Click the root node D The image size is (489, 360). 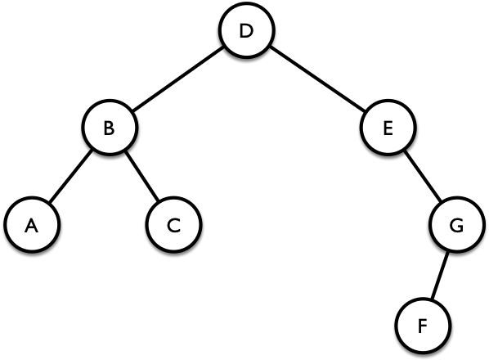[247, 30]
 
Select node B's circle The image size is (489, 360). [110, 127]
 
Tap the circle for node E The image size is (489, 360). [388, 127]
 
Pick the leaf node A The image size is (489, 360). [32, 225]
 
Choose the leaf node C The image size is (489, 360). [174, 225]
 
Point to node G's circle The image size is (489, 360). [457, 224]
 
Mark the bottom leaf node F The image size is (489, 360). [423, 326]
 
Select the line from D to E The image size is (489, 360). [317, 79]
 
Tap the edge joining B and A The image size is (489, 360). [71, 176]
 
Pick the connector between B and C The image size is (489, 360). [141, 176]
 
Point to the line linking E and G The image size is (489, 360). [423, 176]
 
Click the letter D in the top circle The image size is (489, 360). [246, 31]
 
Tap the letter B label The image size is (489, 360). [109, 128]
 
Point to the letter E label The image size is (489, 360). [388, 128]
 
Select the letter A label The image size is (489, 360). [31, 226]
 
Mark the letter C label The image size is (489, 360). [173, 226]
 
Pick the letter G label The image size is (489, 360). [456, 226]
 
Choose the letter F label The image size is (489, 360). [422, 326]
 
